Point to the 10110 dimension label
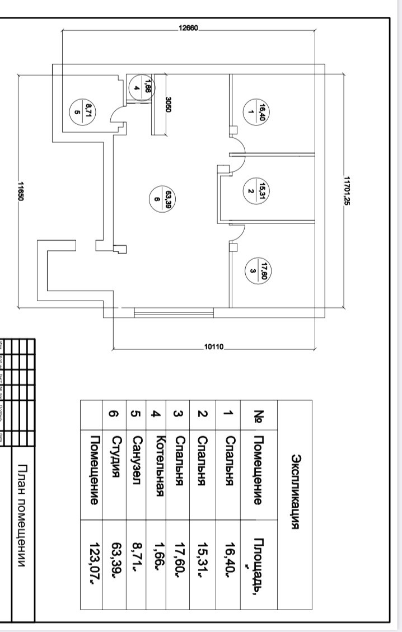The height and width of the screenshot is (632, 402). [x=214, y=348]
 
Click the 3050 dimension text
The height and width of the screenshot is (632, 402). [x=167, y=105]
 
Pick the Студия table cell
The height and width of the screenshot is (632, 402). [x=114, y=455]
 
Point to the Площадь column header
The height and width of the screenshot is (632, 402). [x=259, y=559]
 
